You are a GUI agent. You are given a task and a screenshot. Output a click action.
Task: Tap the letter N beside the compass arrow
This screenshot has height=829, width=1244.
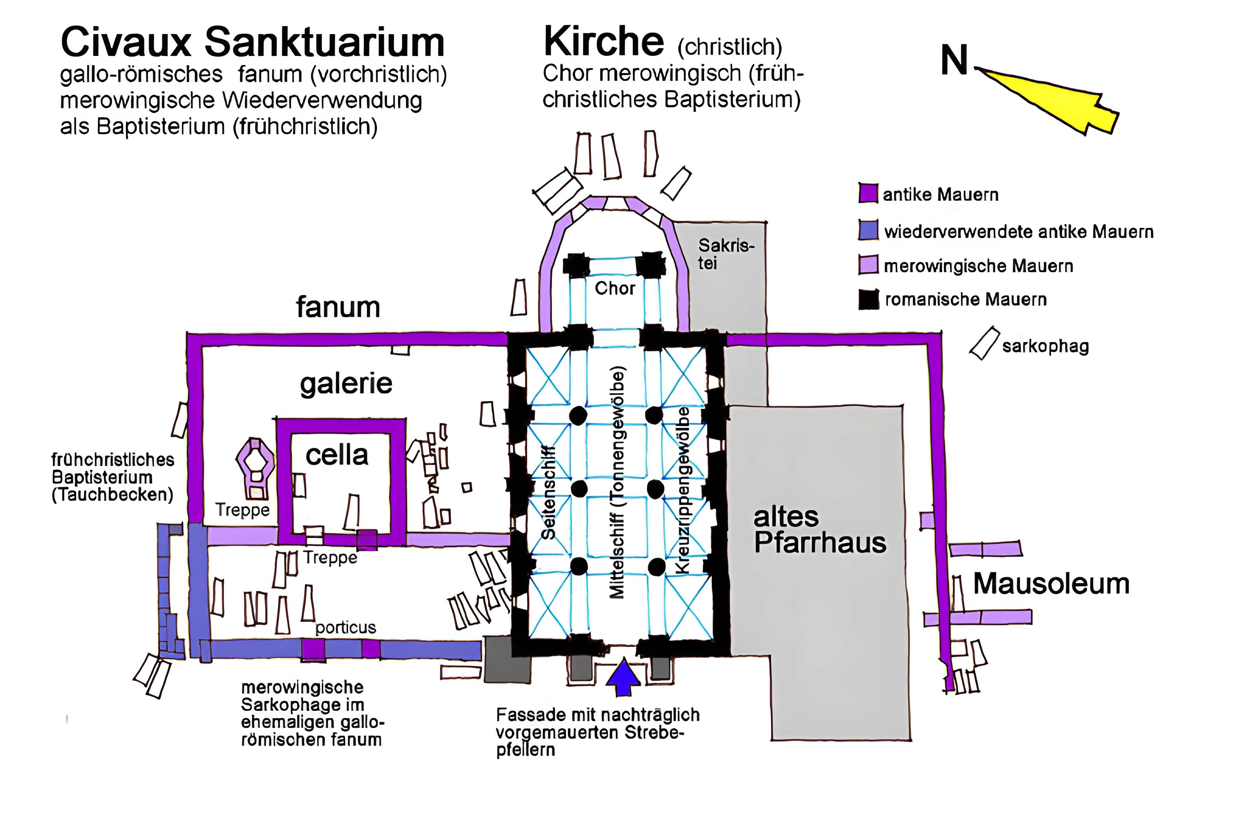(954, 60)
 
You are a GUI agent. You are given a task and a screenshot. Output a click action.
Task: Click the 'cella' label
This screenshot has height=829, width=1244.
(337, 455)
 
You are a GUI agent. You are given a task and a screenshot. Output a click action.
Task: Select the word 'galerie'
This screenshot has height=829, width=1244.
(346, 383)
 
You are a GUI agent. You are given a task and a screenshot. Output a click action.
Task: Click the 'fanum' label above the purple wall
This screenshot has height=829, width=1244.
(338, 307)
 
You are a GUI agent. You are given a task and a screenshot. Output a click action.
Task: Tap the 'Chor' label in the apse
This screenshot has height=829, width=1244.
(615, 288)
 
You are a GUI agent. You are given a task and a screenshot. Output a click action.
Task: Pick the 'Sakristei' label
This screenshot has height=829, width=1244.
(725, 254)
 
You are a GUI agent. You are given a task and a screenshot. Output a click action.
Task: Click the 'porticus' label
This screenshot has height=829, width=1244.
(346, 627)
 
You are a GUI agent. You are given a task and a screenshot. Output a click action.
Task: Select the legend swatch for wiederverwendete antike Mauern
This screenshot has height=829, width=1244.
(868, 230)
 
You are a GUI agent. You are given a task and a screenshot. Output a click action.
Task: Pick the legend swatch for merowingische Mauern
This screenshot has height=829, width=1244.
(868, 265)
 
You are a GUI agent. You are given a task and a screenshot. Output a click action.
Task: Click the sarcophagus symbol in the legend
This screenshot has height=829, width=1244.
(984, 344)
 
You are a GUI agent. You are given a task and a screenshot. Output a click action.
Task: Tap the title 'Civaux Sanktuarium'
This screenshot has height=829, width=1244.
(253, 42)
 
